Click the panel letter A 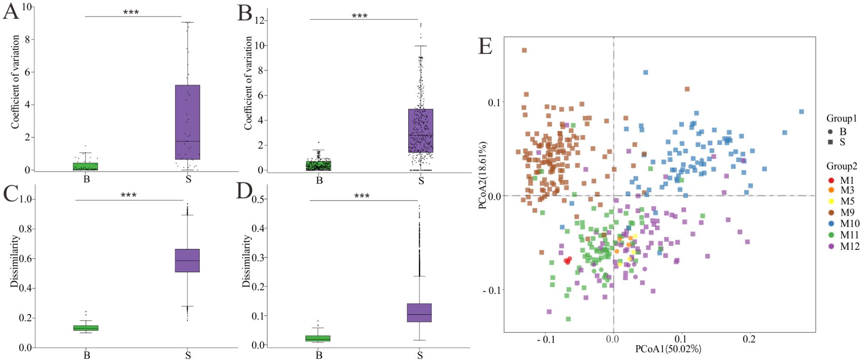coord(11,11)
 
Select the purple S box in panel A coord(187,122)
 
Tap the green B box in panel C coord(86,328)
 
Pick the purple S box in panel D coord(419,312)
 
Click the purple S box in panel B coord(421,131)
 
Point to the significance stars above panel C coord(129,195)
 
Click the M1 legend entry coord(846,180)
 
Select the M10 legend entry coord(849,223)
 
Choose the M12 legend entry coord(849,246)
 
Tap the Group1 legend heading coord(842,118)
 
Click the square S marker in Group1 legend coord(830,142)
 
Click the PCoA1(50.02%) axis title coord(668,349)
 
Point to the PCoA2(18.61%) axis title coord(483,175)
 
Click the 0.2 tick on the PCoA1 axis coord(749,339)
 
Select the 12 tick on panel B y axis coord(260,20)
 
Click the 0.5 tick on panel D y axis coord(258,199)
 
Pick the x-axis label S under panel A coord(188,179)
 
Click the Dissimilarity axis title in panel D coord(246,261)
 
